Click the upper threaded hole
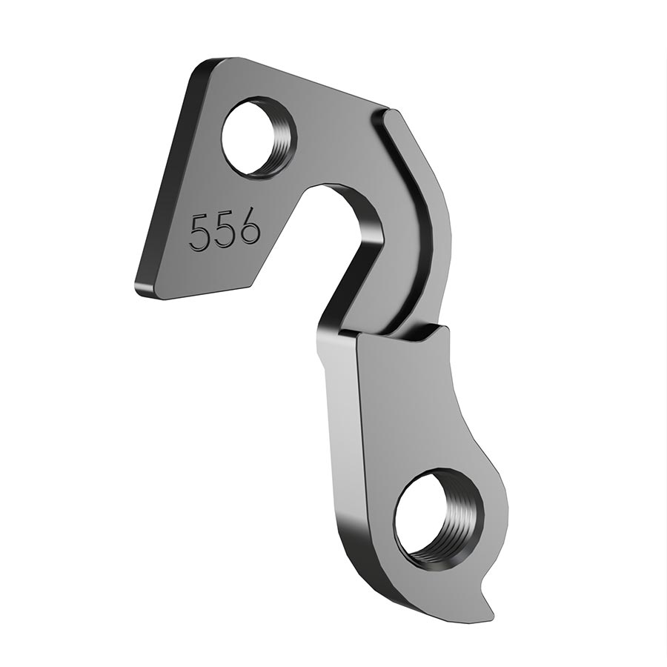pos(259,139)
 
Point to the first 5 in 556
pos(200,233)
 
